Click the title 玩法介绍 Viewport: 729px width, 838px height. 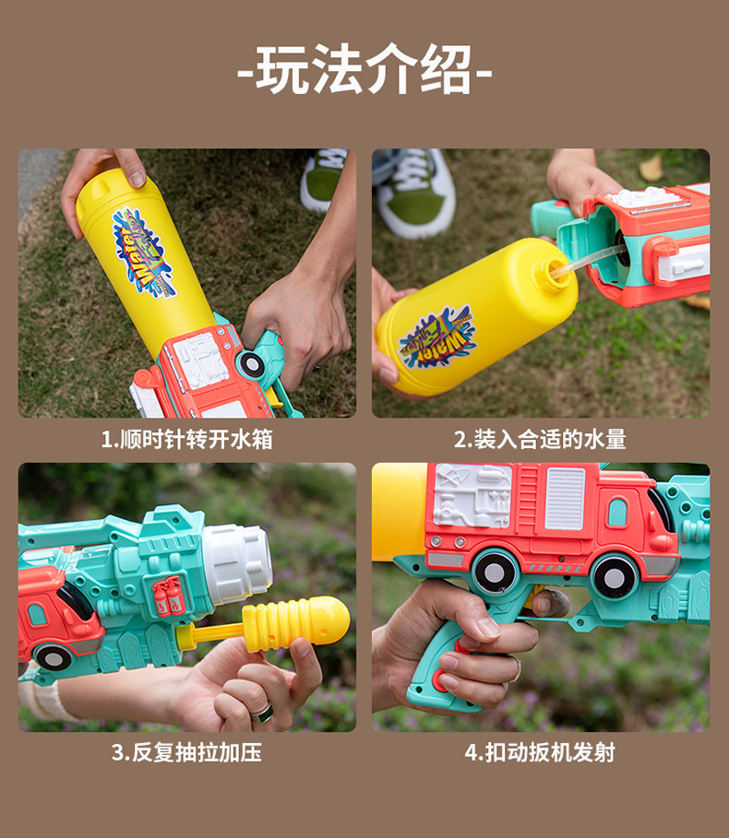(x=364, y=69)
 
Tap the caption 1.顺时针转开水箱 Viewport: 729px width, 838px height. (x=186, y=440)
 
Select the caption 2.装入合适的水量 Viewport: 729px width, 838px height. (x=540, y=440)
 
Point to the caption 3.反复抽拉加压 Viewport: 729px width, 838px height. (x=186, y=752)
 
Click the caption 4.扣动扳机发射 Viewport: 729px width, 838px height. (x=540, y=752)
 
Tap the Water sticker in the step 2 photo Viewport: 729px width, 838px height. (x=437, y=336)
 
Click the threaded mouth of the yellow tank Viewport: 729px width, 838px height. (x=553, y=273)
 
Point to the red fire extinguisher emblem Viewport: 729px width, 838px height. (x=169, y=596)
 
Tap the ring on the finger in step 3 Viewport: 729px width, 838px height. (x=263, y=713)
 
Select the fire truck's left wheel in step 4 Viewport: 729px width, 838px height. (x=495, y=572)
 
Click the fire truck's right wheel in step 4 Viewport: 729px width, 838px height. (x=614, y=577)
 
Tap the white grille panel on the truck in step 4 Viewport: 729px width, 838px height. (x=565, y=499)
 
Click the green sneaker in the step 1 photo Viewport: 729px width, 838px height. (x=323, y=179)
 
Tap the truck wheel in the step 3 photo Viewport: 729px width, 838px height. (x=53, y=657)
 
